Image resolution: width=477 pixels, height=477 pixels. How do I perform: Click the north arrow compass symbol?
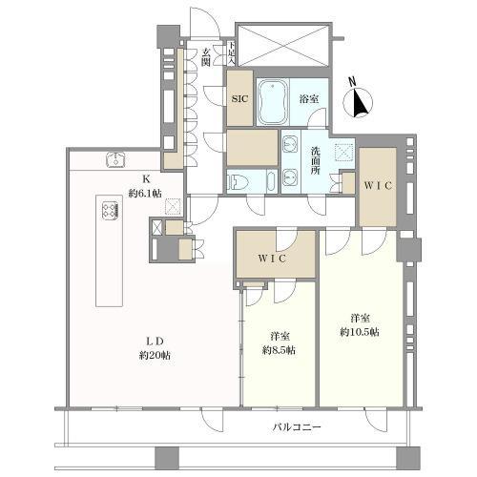361,99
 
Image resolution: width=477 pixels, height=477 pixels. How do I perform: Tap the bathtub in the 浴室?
276,100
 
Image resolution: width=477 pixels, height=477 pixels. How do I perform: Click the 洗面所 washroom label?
316,155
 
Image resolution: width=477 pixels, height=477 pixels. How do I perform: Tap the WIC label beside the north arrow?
378,188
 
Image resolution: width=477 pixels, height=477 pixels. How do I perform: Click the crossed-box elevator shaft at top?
283,43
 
